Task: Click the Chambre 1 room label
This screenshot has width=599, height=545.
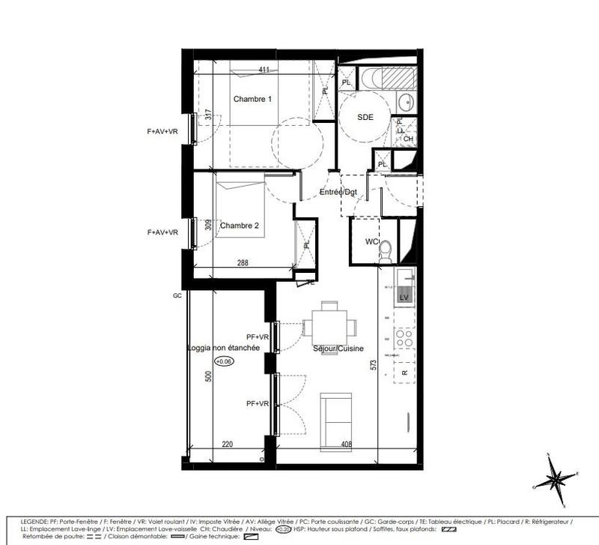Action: pos(252,100)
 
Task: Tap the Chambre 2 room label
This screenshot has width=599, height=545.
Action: pos(240,226)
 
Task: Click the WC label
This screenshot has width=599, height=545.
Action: pos(371,241)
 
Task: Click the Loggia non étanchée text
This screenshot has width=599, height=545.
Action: pos(224,348)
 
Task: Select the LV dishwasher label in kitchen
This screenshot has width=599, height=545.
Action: pos(404,298)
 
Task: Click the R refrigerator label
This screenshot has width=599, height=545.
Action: pos(404,372)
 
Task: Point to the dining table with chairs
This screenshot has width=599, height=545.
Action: pos(329,327)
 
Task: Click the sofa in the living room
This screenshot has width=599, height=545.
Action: pos(335,417)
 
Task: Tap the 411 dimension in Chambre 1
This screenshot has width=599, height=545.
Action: pos(264,70)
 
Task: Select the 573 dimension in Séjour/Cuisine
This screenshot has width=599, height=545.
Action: pos(372,365)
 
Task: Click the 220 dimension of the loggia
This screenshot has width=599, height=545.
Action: pos(227,445)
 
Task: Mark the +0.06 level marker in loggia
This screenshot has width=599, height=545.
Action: pos(224,361)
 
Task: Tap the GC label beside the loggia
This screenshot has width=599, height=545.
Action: pos(177,295)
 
